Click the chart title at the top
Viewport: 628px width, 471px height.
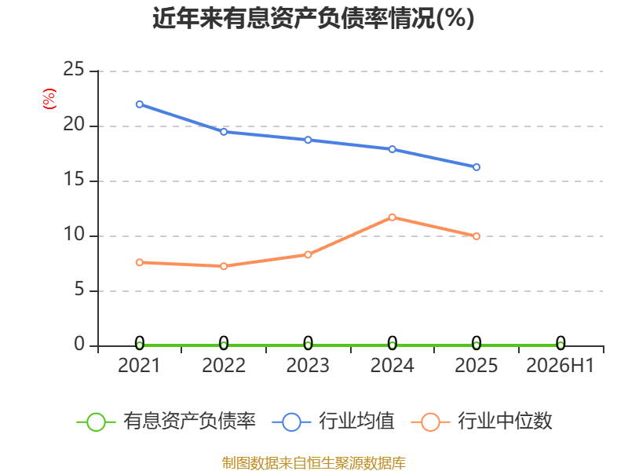coord(313,18)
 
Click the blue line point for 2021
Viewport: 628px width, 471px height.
coord(140,104)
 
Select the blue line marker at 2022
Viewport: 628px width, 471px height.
coord(224,132)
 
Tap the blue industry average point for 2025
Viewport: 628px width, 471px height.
coord(476,167)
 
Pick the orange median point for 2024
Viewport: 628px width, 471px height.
coord(392,217)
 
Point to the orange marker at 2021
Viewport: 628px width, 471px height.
coord(140,262)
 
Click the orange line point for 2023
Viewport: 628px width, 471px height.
coord(308,254)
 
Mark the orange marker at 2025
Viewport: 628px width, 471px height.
coord(476,236)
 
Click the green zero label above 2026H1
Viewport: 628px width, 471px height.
coord(560,343)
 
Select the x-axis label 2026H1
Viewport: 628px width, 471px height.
coord(560,365)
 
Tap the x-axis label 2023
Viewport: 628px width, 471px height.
coord(308,365)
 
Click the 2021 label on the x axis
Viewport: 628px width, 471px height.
coord(139,365)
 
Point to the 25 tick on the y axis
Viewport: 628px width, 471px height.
coord(74,69)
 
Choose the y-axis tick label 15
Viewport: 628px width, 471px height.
coord(74,179)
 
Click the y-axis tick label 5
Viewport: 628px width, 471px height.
coord(79,289)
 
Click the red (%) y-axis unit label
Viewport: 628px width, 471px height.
coord(49,99)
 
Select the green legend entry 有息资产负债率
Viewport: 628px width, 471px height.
coord(166,422)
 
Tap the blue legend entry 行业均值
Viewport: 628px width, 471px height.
coord(333,422)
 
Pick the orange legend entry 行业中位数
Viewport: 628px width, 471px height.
coord(481,422)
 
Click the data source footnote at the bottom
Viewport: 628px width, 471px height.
coord(314,463)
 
